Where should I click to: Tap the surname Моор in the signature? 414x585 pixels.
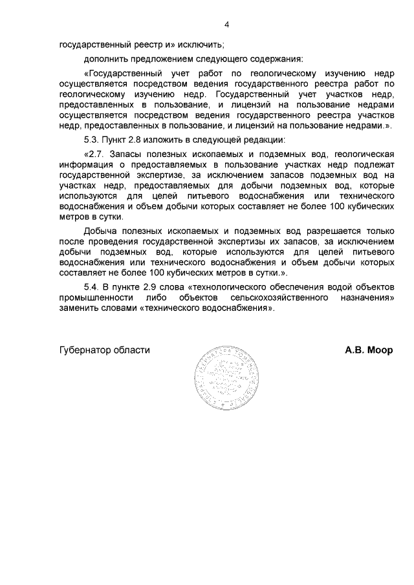[380, 350]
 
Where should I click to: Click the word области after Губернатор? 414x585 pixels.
[132, 350]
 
